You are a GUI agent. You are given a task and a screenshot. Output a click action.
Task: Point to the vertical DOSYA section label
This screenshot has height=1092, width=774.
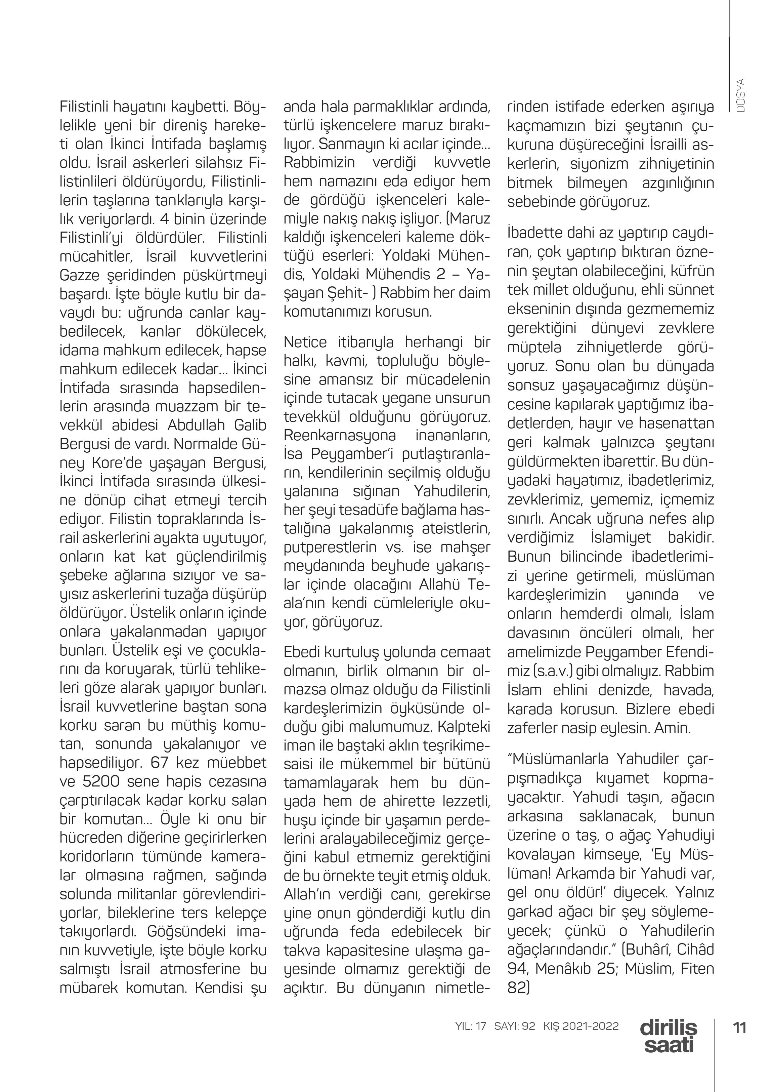click(x=740, y=95)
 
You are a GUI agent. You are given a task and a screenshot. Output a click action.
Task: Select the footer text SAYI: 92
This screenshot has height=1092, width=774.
click(x=515, y=1026)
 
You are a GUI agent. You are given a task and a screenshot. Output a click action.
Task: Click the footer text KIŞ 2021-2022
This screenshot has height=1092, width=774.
click(x=581, y=1026)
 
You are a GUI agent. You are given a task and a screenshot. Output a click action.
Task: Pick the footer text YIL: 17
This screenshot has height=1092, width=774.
click(x=470, y=1026)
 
